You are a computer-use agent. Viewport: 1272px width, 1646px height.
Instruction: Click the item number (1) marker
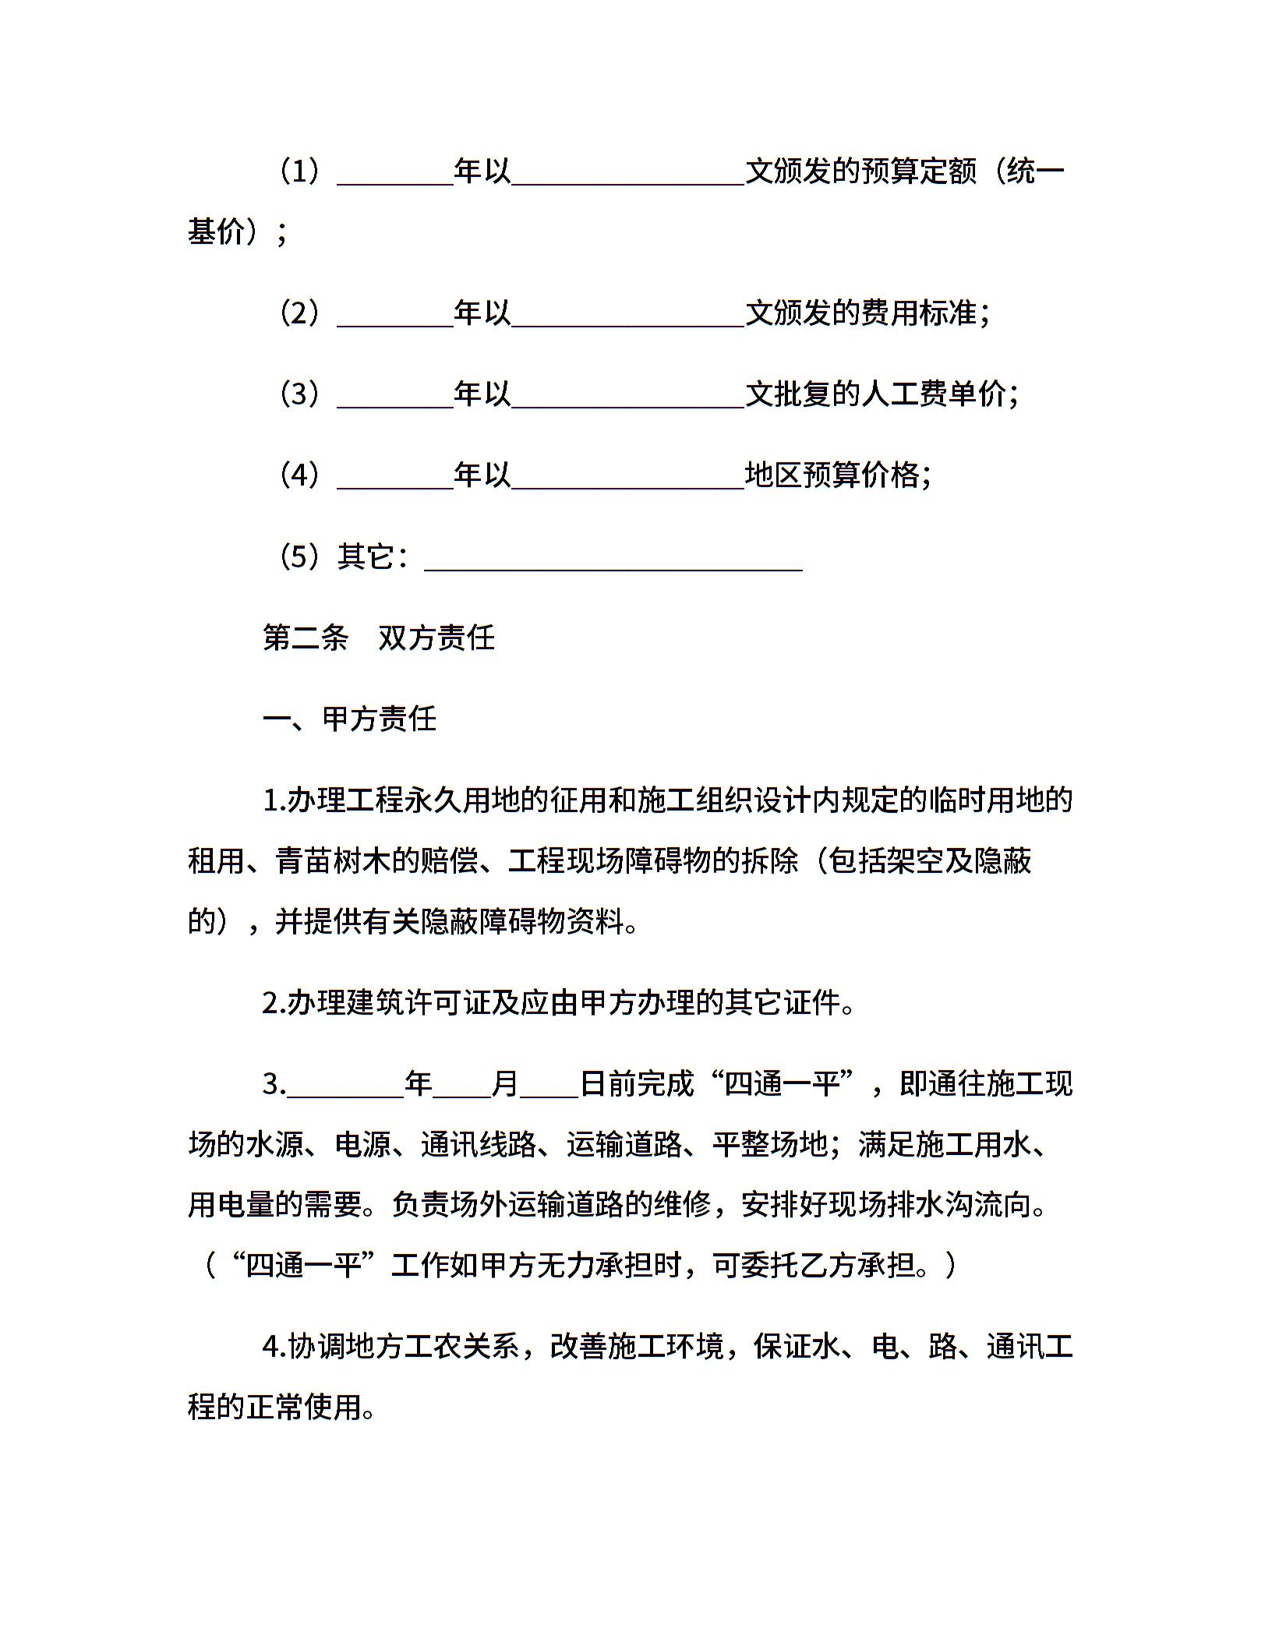coord(300,171)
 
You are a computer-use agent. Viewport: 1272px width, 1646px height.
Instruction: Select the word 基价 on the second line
coord(216,231)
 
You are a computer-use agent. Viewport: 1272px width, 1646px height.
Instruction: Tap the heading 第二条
coord(306,638)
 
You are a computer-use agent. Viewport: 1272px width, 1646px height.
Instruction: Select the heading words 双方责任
coord(436,638)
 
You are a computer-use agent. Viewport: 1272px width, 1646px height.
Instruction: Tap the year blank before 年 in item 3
coord(345,1084)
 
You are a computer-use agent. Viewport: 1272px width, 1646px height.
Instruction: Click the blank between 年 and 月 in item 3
coord(461,1084)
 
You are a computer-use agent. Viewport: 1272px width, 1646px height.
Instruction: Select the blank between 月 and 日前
coord(549,1084)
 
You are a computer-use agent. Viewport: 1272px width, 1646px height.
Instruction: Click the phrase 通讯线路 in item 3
coord(479,1144)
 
